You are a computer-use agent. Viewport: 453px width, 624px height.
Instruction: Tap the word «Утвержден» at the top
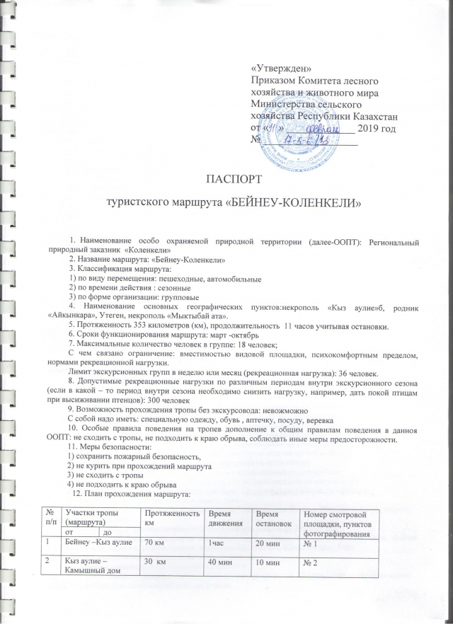coord(282,68)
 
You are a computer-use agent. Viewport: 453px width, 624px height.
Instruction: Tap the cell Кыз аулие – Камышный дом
coord(91,577)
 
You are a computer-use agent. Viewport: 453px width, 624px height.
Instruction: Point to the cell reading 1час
coord(217,544)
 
